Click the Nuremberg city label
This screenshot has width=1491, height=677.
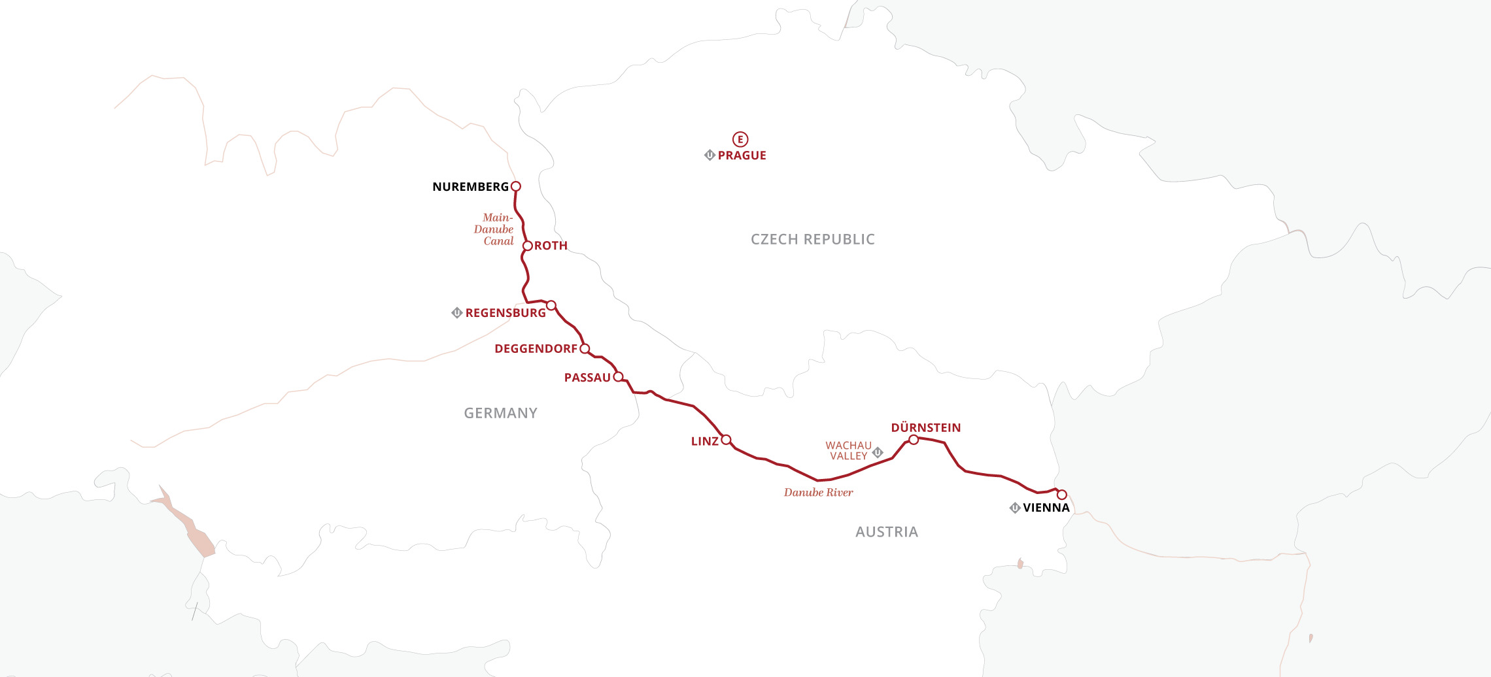click(470, 187)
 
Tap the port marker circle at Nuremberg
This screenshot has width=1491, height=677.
click(515, 186)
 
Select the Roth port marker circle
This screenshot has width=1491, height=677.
click(527, 246)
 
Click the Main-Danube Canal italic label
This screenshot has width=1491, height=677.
click(495, 229)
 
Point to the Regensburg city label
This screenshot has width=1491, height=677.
click(506, 313)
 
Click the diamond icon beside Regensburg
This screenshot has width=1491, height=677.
click(457, 313)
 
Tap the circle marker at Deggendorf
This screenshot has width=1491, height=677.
click(585, 348)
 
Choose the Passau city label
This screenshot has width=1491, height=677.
click(587, 378)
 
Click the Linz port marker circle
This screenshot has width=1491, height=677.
click(726, 440)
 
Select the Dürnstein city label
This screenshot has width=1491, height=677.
click(926, 428)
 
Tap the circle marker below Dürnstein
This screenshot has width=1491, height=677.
click(914, 440)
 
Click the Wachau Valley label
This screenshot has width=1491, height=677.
click(848, 451)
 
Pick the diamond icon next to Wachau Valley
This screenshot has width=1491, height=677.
click(878, 452)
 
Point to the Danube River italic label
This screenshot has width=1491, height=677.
click(818, 493)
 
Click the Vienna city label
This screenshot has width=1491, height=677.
click(1046, 508)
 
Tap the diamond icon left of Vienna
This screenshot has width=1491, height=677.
click(1015, 508)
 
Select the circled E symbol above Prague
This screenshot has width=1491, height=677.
click(740, 139)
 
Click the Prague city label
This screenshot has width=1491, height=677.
click(742, 156)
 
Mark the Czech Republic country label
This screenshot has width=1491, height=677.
click(812, 239)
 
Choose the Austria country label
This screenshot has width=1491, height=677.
click(886, 532)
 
